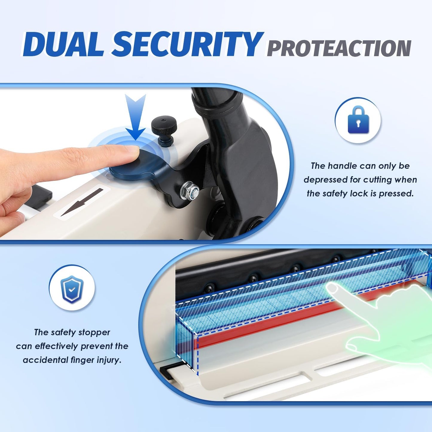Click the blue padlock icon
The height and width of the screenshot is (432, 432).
pyautogui.click(x=358, y=120)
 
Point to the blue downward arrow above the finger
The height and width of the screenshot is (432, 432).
pyautogui.click(x=135, y=117)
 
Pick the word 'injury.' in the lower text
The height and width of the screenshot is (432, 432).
pyautogui.click(x=109, y=360)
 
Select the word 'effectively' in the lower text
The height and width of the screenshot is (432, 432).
pyautogui.click(x=57, y=346)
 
